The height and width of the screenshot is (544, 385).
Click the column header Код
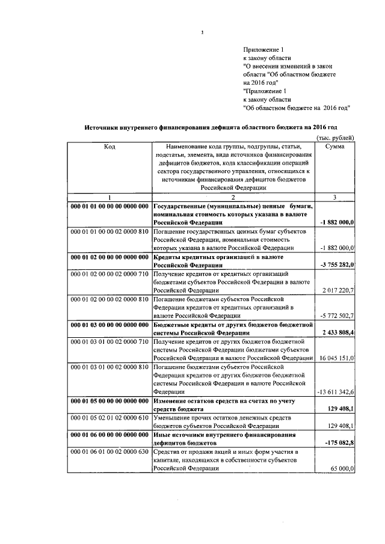[109, 146]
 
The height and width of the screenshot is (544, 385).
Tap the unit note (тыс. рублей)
[336, 137]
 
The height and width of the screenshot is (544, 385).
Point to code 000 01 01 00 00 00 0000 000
[109, 206]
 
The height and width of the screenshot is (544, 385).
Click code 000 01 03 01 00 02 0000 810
[109, 366]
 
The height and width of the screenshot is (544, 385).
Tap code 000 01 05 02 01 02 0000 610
[109, 417]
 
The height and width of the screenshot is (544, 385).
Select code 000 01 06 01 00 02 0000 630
[109, 450]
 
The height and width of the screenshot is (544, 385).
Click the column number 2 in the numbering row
[232, 198]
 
